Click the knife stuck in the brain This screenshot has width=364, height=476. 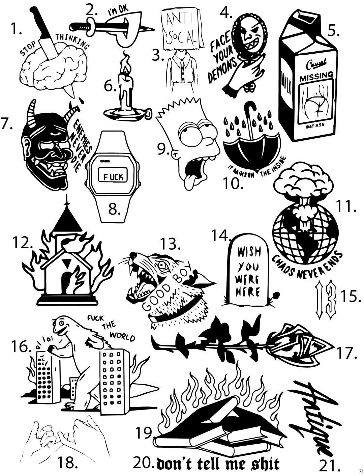tap(44, 37)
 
